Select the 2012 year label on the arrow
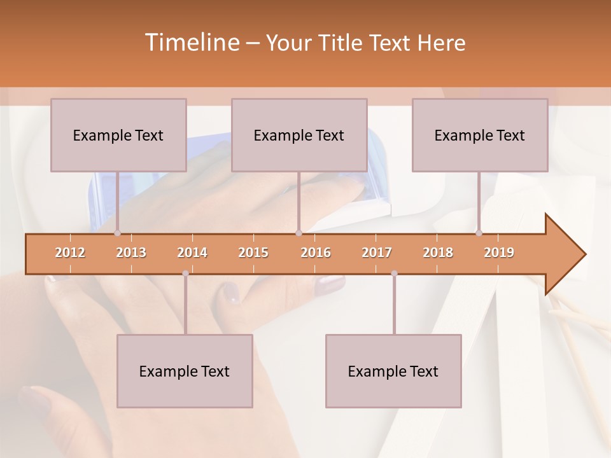pyautogui.click(x=70, y=253)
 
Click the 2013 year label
pyautogui.click(x=131, y=253)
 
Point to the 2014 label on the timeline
pyautogui.click(x=192, y=253)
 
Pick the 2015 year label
pyautogui.click(x=253, y=253)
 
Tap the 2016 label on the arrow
pyautogui.click(x=316, y=253)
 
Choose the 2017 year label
pyautogui.click(x=377, y=253)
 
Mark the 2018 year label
pyautogui.click(x=438, y=253)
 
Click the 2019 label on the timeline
pyautogui.click(x=499, y=253)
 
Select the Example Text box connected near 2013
pyautogui.click(x=118, y=135)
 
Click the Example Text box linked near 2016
pyautogui.click(x=299, y=135)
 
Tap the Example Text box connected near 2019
pyautogui.click(x=480, y=135)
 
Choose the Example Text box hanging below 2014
pyautogui.click(x=185, y=371)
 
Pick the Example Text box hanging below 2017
pyautogui.click(x=393, y=371)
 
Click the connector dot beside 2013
pyautogui.click(x=117, y=233)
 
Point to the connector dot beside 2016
pyautogui.click(x=298, y=233)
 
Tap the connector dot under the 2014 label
pyautogui.click(x=185, y=274)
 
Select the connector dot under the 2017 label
pyautogui.click(x=394, y=274)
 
